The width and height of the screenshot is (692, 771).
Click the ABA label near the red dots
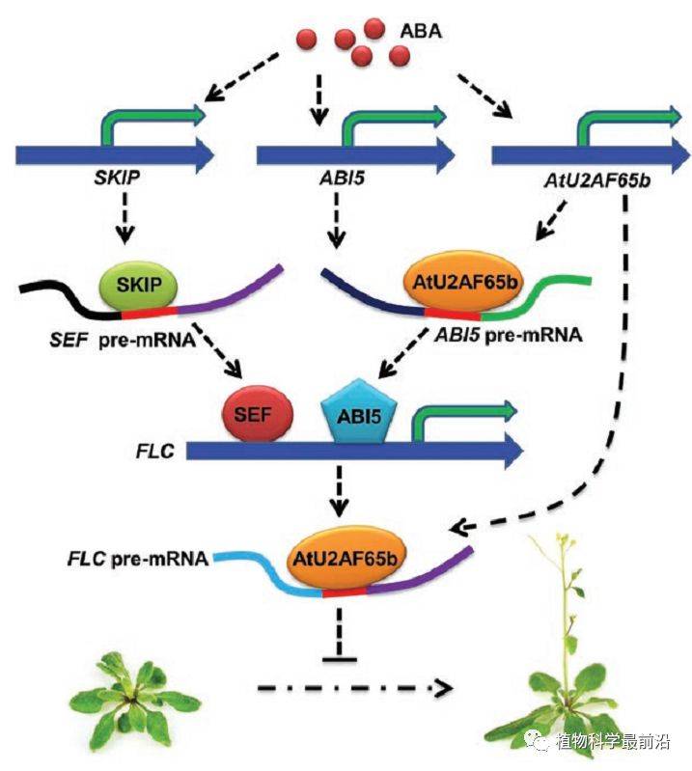coord(421,31)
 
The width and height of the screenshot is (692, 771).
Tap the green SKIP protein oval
coord(139,285)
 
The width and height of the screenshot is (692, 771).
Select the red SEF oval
coord(258,415)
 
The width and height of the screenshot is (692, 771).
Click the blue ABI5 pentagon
coord(359,413)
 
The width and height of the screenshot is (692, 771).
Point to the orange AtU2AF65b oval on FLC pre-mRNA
coord(345,559)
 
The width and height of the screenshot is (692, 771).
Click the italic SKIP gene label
coord(117,177)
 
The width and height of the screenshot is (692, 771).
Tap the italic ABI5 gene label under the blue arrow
coord(343,177)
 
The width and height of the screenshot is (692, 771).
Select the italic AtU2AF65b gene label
coord(597,180)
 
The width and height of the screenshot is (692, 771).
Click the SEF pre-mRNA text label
coord(123,341)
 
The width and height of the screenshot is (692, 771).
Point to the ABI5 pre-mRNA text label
coord(509,335)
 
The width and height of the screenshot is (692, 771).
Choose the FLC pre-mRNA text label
coord(138,559)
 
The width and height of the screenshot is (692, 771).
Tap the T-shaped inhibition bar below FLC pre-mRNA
coord(340,635)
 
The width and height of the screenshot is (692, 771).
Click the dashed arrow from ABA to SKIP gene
coord(241,76)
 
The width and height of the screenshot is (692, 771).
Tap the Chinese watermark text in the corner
coord(613,740)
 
